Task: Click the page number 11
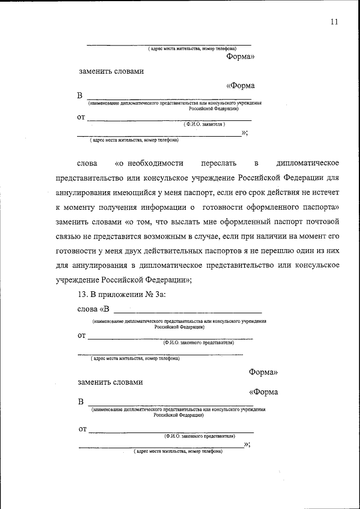(334, 22)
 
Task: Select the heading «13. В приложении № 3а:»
(122, 294)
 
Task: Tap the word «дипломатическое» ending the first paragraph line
(307, 163)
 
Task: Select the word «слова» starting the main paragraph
(88, 163)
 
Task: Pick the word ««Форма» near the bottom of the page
(263, 392)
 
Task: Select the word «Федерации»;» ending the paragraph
(169, 280)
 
